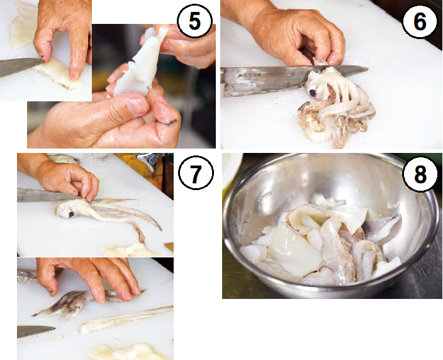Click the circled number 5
tap(194, 21)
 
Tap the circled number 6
tap(420, 21)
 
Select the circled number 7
tap(196, 172)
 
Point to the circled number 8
tap(420, 174)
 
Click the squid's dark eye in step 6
tap(313, 93)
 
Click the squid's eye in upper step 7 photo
tap(71, 214)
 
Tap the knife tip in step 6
tap(367, 69)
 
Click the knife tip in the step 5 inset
tap(44, 60)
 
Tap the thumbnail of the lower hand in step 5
tap(138, 104)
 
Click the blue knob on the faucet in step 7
tap(153, 160)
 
